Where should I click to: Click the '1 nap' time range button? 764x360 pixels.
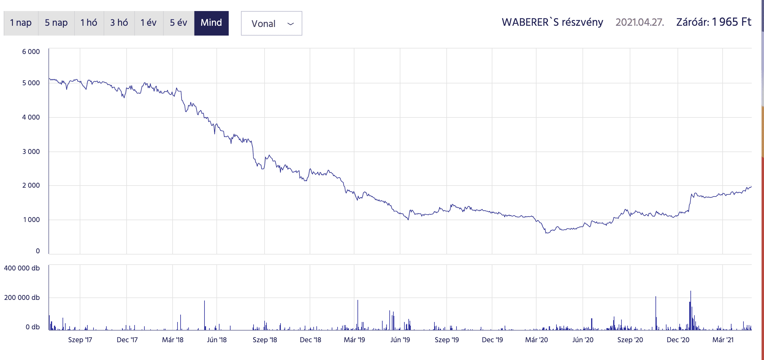pyautogui.click(x=21, y=23)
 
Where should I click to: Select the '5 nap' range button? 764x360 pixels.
pyautogui.click(x=56, y=23)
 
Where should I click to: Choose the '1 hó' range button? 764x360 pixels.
pyautogui.click(x=89, y=23)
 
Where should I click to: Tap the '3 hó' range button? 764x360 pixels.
pyautogui.click(x=119, y=23)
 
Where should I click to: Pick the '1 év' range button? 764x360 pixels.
pyautogui.click(x=149, y=23)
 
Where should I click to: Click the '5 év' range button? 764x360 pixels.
pyautogui.click(x=178, y=23)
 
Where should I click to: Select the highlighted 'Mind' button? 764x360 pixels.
pyautogui.click(x=211, y=23)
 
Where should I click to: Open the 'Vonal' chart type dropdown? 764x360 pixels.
pyautogui.click(x=271, y=24)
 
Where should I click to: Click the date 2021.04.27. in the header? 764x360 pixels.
pyautogui.click(x=640, y=22)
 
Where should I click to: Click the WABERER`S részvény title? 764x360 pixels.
pyautogui.click(x=552, y=22)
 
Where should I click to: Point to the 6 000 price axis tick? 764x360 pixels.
pyautogui.click(x=31, y=52)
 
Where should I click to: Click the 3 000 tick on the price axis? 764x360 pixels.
pyautogui.click(x=31, y=151)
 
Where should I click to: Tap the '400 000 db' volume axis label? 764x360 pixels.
pyautogui.click(x=22, y=268)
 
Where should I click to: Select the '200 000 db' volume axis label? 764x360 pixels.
pyautogui.click(x=22, y=297)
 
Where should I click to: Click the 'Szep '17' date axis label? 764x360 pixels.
pyautogui.click(x=80, y=340)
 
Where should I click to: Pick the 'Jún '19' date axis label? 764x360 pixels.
pyautogui.click(x=400, y=340)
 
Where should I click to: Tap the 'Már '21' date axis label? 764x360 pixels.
pyautogui.click(x=723, y=340)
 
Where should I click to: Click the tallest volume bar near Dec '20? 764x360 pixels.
pyautogui.click(x=690, y=310)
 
